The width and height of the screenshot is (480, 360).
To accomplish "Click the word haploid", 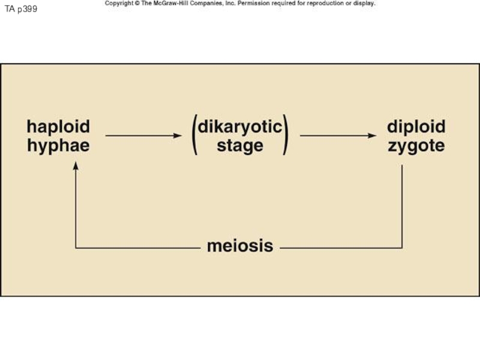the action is click(x=58, y=127).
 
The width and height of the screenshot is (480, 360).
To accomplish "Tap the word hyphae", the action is click(x=58, y=145).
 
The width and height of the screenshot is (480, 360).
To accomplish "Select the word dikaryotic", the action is click(x=239, y=127).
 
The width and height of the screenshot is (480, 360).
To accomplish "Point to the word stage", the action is click(x=240, y=145).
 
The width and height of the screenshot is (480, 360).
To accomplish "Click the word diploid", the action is click(x=416, y=127).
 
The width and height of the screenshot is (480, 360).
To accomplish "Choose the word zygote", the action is click(x=416, y=145).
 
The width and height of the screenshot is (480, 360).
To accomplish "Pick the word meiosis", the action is click(x=240, y=246).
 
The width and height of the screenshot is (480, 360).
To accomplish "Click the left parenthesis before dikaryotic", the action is click(x=194, y=136).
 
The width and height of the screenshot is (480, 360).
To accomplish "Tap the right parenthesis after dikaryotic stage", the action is click(x=286, y=136).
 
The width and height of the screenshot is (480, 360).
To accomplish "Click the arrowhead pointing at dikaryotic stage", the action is click(x=178, y=136).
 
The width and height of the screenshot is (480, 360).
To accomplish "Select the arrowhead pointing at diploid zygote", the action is click(x=373, y=136).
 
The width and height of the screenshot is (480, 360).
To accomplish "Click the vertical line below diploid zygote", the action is click(x=402, y=204).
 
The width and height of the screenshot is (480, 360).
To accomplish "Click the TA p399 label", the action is click(x=21, y=9).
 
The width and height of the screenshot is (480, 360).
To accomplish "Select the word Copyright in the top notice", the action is click(x=119, y=3).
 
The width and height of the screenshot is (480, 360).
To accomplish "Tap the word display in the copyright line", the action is click(x=364, y=3).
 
